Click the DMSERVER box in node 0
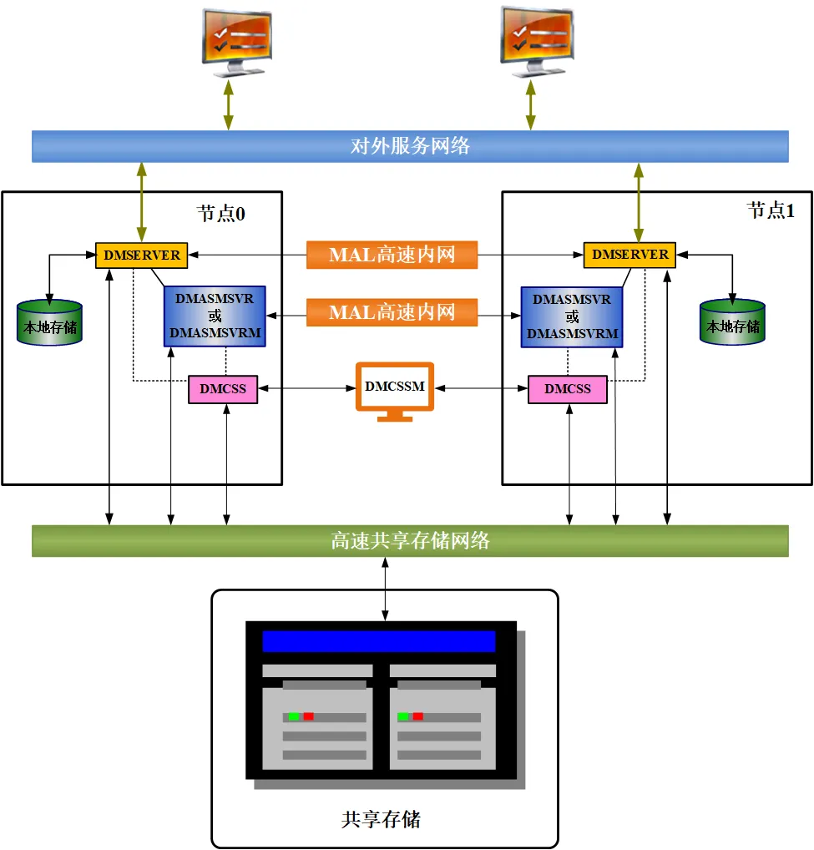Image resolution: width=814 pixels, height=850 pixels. click(142, 255)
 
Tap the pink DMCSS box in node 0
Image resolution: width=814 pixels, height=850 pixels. click(223, 389)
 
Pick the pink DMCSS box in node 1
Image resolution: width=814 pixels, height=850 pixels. click(568, 389)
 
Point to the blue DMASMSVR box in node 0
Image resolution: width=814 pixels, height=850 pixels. click(215, 316)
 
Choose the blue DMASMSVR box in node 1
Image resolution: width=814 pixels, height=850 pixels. click(572, 316)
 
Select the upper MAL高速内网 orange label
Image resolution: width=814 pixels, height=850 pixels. click(392, 255)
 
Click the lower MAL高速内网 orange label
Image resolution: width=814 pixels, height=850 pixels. click(392, 313)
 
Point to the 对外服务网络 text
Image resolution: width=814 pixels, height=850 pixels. click(410, 146)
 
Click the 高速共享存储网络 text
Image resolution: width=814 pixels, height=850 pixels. click(410, 541)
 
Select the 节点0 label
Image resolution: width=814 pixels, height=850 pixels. click(221, 214)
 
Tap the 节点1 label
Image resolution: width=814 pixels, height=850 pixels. click(770, 211)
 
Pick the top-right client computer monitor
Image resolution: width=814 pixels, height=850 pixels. click(537, 38)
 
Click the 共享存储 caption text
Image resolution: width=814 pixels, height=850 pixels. click(381, 818)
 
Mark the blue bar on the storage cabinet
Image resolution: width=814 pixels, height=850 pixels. click(378, 641)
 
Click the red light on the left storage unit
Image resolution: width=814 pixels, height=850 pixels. click(309, 716)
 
